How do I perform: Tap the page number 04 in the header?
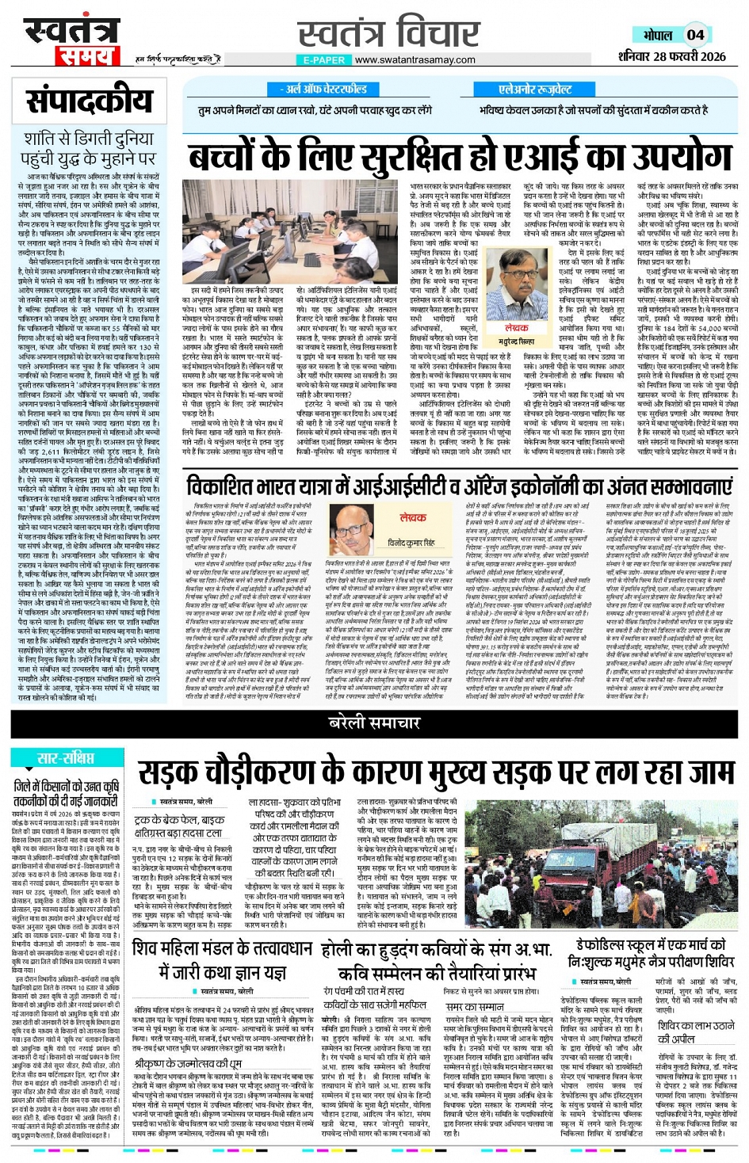(x=695, y=35)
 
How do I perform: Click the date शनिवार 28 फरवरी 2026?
(x=671, y=56)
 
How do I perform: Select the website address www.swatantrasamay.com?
(x=415, y=60)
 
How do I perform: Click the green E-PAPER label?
(x=324, y=60)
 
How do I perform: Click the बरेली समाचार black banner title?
(x=374, y=722)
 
